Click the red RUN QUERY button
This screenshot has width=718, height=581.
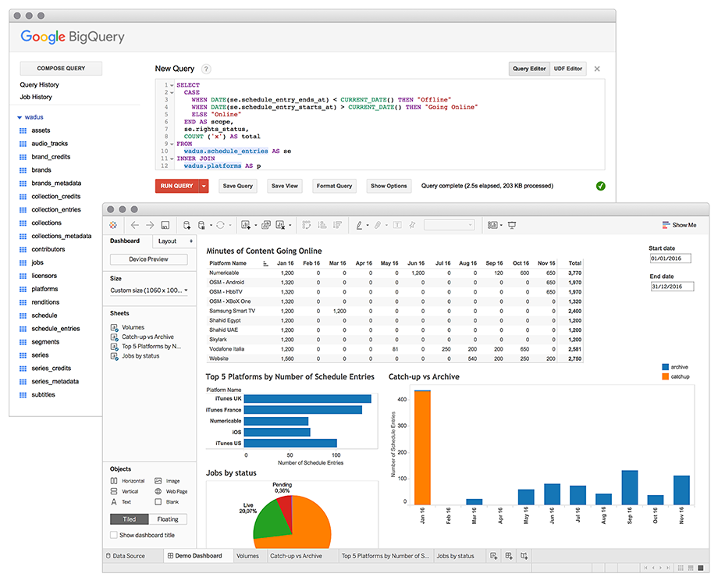click(x=176, y=186)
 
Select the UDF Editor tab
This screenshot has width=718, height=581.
click(x=568, y=69)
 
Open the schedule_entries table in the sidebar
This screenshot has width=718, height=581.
click(x=55, y=329)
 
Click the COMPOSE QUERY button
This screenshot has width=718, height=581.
click(x=61, y=68)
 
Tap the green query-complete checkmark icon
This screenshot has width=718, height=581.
click(x=601, y=186)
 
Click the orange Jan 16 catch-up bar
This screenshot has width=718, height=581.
click(x=422, y=447)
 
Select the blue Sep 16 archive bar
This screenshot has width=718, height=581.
click(x=630, y=487)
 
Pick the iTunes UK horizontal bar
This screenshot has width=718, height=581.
click(x=307, y=398)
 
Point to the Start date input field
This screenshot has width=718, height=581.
click(x=670, y=258)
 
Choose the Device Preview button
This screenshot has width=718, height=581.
click(x=149, y=259)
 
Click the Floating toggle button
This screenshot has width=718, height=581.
click(x=168, y=519)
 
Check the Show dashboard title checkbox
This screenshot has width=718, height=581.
click(x=114, y=535)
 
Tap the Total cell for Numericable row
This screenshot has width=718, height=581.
click(x=574, y=273)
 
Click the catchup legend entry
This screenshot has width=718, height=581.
click(x=676, y=376)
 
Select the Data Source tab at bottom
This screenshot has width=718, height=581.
click(x=126, y=556)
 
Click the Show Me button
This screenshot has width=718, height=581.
click(x=680, y=225)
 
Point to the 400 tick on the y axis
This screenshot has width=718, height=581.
click(x=402, y=399)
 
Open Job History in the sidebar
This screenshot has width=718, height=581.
click(x=36, y=97)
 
